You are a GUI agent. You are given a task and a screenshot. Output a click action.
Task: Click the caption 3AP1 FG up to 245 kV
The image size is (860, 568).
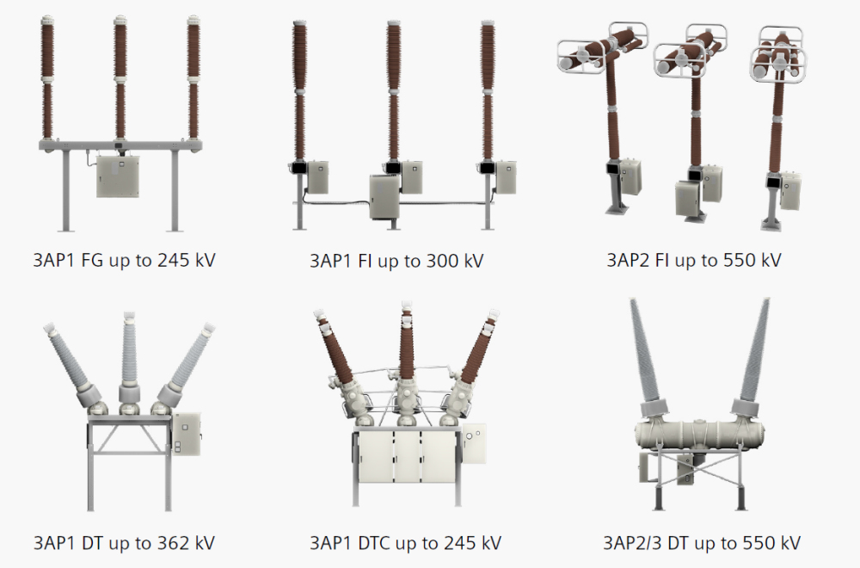point(124,260)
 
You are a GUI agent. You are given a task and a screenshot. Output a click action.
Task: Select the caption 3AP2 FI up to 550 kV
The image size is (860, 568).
point(693,260)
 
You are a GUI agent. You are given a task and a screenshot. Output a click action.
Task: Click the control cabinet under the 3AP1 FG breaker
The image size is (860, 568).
point(118,176)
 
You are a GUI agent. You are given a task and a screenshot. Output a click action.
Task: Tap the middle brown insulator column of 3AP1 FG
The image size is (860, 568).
point(120,78)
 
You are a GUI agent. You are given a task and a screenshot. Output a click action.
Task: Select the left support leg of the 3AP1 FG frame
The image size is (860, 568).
point(66,190)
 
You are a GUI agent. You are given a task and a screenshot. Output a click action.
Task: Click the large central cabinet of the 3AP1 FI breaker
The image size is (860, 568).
point(384,196)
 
